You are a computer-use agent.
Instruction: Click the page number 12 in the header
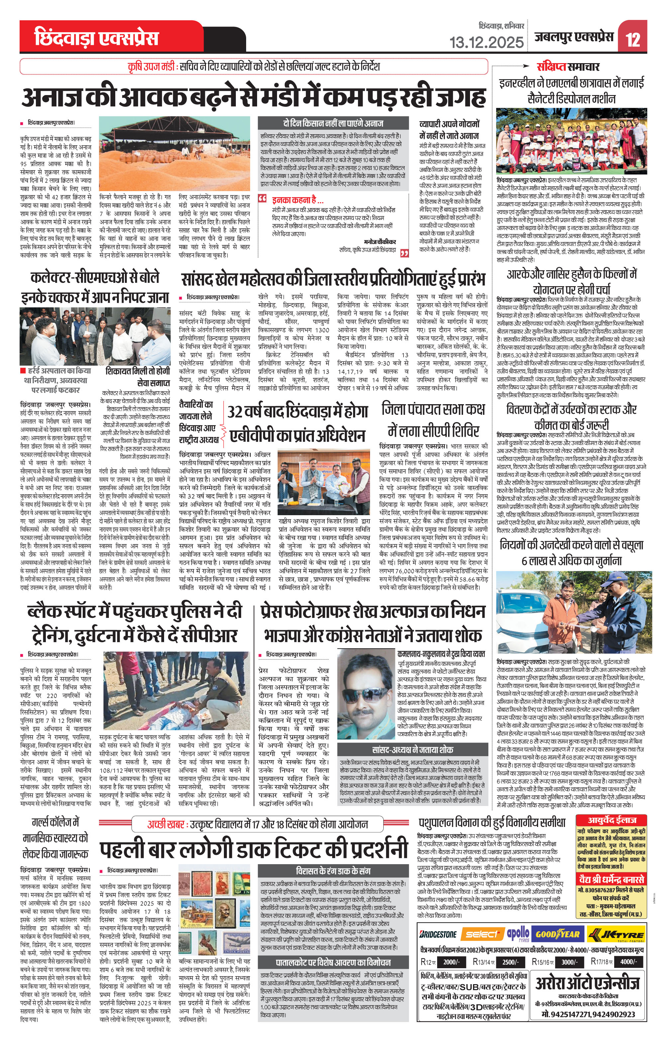(x=633, y=40)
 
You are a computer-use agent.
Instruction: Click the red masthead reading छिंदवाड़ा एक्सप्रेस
(x=96, y=38)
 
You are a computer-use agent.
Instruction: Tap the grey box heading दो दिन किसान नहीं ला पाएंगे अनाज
(x=333, y=123)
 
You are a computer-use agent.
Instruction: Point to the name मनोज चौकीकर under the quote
(x=380, y=241)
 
